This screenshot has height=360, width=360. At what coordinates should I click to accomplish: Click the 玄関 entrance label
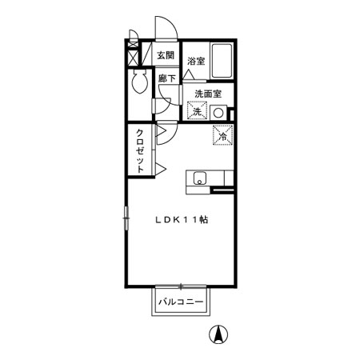pos(166,55)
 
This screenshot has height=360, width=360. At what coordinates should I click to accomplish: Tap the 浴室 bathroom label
pos(196,61)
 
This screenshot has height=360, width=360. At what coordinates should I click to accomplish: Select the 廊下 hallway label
pos(167,78)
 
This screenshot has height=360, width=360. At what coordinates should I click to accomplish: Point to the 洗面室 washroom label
pos(208,94)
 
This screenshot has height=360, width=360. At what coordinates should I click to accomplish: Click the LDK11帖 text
pos(182,220)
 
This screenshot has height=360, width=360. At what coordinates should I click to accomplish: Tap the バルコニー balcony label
pos(181,302)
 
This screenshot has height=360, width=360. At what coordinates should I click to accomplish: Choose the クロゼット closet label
pos(140,151)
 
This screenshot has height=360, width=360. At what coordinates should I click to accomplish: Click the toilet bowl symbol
pos(140,82)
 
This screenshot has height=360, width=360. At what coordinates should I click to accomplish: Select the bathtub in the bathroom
pos(222,61)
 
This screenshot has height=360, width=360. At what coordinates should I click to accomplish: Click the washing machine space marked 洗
pos(197,111)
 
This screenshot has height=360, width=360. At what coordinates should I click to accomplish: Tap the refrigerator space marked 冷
pos(223,135)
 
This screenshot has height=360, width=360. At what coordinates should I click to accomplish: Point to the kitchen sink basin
pos(199,178)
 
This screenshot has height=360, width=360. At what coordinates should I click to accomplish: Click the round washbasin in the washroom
pos(218,113)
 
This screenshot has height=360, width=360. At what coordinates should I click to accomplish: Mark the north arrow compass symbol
pos(218,334)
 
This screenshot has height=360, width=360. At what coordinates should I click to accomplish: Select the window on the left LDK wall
pos(126,218)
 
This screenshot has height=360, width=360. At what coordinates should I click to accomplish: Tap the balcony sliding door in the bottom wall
pos(181,286)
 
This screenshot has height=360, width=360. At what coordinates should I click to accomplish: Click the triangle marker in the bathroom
pos(188,74)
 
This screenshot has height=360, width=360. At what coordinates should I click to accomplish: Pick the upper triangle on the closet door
pos(161,130)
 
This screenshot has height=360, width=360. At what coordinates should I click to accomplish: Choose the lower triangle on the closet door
pos(161,169)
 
